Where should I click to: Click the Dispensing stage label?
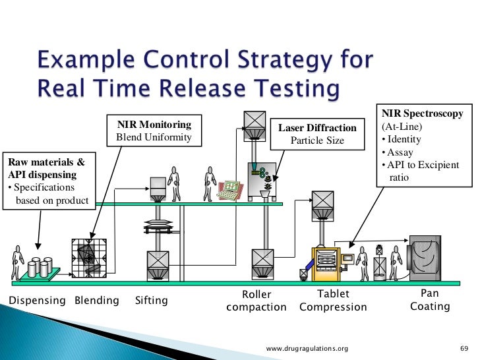36,301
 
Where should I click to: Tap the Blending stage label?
97,301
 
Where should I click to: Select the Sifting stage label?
151,301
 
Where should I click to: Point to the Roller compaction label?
256,301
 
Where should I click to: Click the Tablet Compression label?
333,301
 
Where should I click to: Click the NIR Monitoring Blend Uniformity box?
154,131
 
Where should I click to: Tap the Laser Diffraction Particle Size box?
317,134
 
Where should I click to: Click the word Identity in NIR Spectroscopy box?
404,140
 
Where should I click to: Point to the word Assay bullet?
401,152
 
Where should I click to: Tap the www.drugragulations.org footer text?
307,347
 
